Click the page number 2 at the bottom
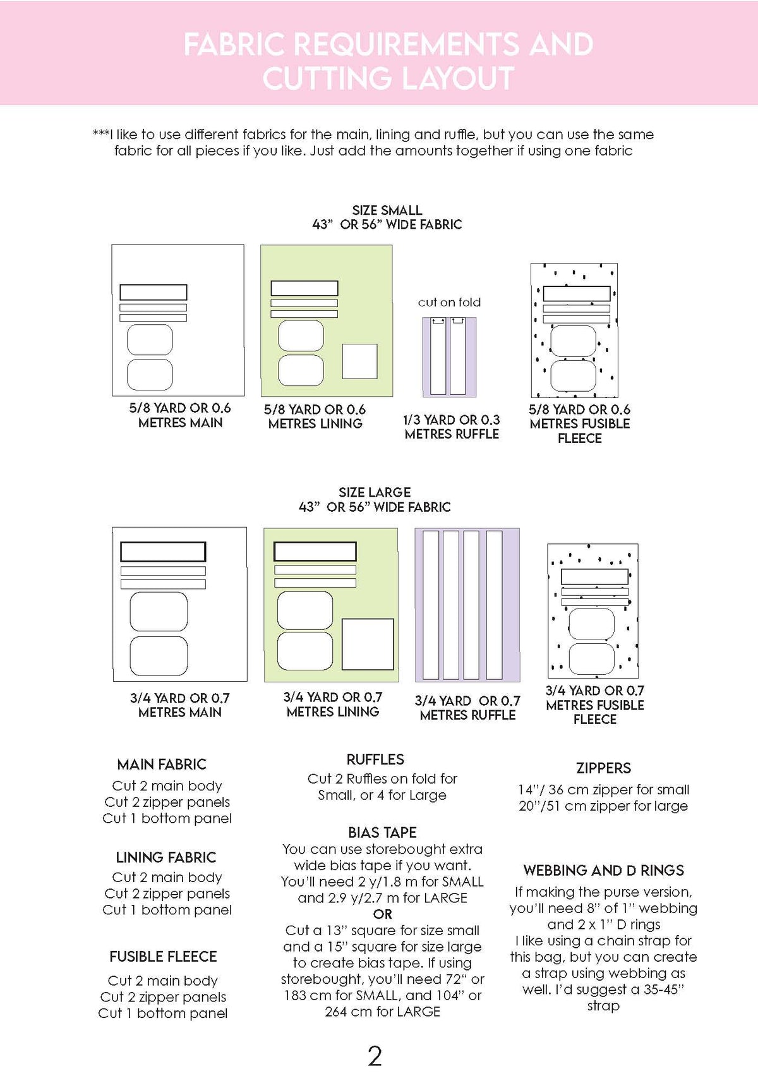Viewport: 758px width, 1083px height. (375, 1056)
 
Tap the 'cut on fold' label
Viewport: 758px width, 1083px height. (449, 302)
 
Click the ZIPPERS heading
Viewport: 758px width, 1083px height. (603, 768)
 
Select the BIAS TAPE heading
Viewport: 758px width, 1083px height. (382, 832)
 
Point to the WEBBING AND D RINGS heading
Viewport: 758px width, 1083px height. (603, 870)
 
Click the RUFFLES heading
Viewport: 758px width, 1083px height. (375, 759)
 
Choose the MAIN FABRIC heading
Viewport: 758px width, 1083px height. (162, 764)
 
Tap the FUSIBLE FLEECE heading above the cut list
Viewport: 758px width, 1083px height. (163, 957)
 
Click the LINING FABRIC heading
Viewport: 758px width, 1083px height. (165, 857)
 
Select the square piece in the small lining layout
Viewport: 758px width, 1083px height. (359, 361)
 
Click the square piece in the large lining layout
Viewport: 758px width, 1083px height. (368, 644)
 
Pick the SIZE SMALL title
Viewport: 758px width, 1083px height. (387, 210)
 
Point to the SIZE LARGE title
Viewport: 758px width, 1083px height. (375, 492)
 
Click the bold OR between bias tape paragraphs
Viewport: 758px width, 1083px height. (382, 914)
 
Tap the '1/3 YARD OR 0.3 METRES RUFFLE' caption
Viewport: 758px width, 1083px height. (452, 427)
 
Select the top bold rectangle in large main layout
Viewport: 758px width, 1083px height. (163, 551)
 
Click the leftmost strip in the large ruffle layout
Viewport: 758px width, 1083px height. (431, 605)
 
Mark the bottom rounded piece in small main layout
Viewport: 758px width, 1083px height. (150, 374)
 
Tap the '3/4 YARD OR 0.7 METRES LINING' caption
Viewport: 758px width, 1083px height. (333, 705)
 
